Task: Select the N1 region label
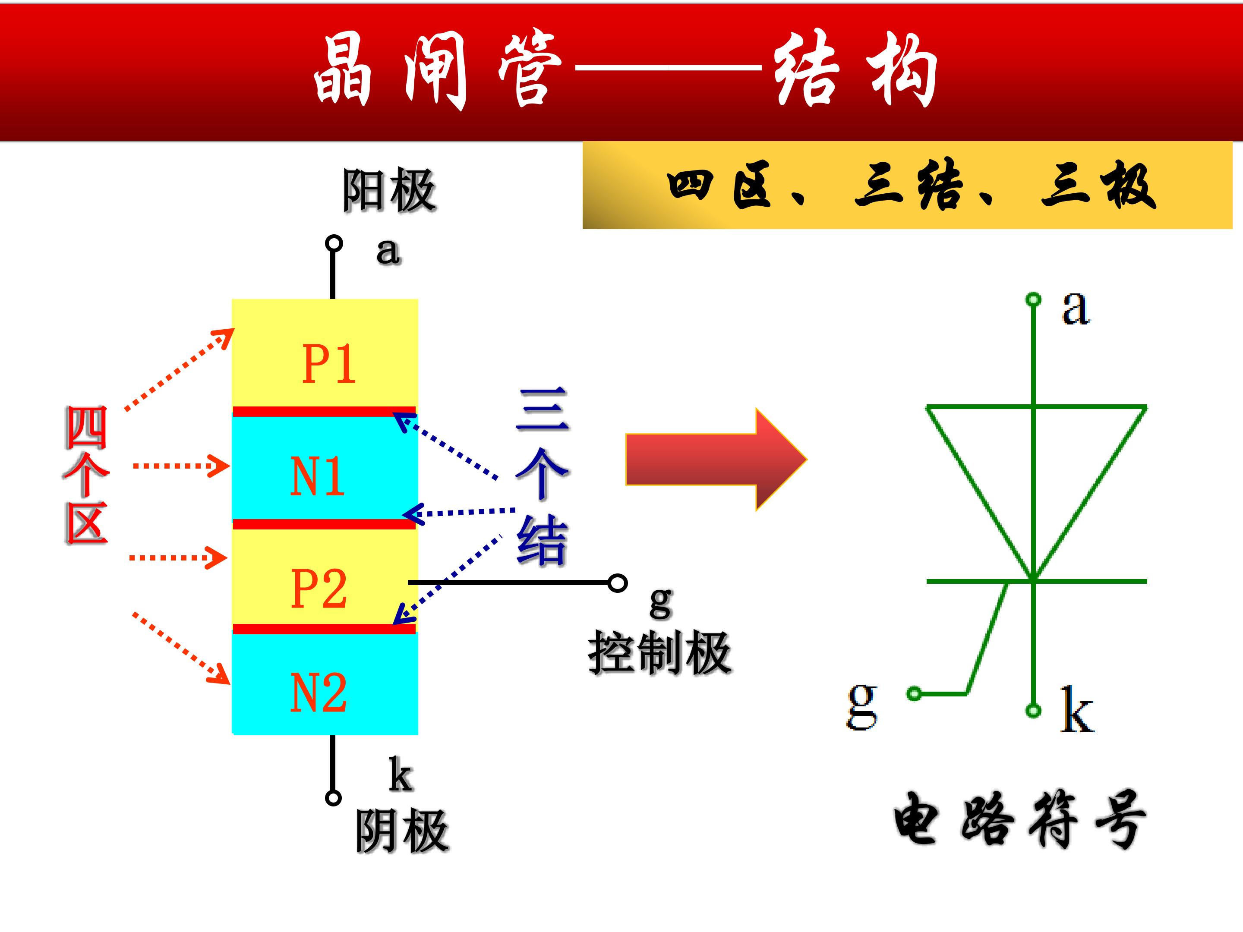[x=317, y=476]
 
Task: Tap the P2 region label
[x=319, y=588]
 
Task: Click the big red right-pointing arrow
[x=716, y=460]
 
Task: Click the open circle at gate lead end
[x=618, y=583]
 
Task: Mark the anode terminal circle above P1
[x=334, y=244]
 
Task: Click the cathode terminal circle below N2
[x=333, y=798]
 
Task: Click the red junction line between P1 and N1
[x=324, y=411]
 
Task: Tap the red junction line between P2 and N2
[x=324, y=629]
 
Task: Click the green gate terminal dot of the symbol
[x=914, y=694]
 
